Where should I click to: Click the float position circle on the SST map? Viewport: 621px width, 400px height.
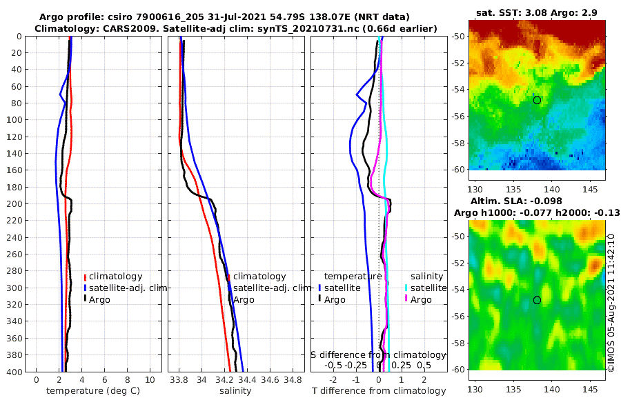(537, 100)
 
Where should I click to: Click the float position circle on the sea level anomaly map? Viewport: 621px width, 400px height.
(537, 300)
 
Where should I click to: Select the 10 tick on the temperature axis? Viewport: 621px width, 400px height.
(150, 380)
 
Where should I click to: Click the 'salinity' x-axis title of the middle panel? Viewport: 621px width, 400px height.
(236, 391)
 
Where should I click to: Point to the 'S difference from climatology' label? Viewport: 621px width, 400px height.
(378, 354)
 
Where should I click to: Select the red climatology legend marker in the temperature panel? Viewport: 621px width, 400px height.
(86, 276)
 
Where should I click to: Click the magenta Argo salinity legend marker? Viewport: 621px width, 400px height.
(406, 299)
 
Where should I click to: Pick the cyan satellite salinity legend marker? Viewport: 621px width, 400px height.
(406, 288)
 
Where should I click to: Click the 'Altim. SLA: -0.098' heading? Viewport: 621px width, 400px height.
(537, 199)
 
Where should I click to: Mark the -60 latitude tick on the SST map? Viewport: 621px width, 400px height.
(459, 168)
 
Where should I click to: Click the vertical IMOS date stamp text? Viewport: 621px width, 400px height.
(611, 303)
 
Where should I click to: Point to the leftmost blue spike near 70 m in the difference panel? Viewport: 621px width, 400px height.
(357, 94)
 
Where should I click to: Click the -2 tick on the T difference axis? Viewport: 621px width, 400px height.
(334, 380)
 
